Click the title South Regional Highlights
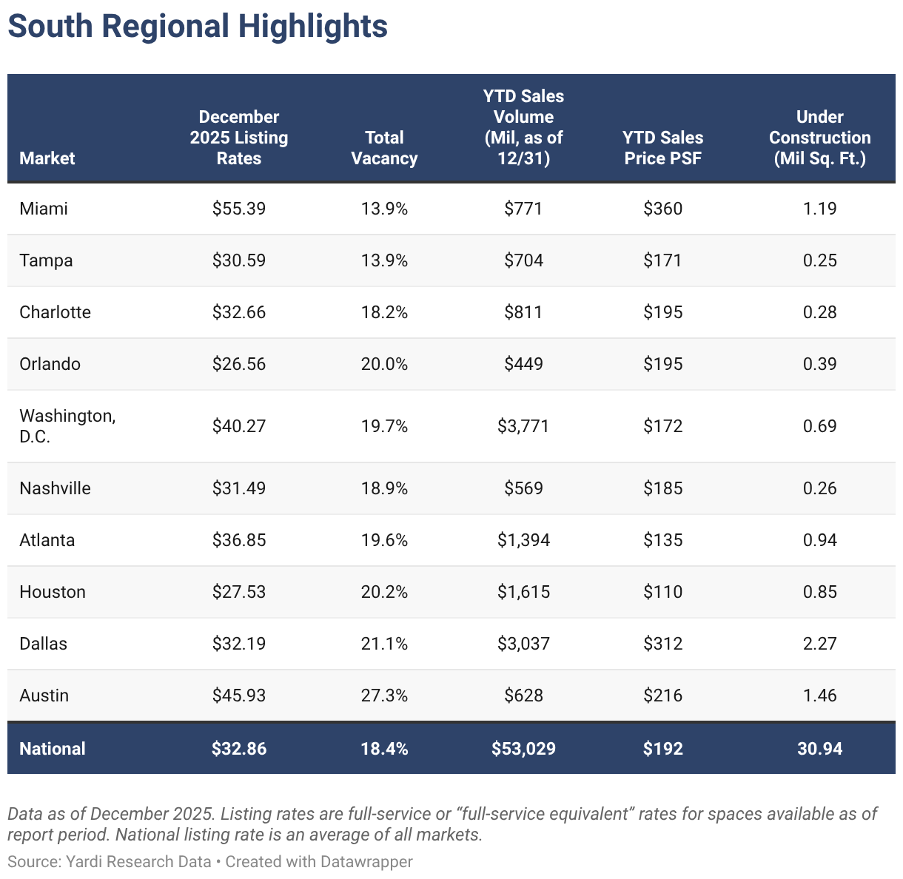click(x=197, y=27)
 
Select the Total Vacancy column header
click(x=384, y=148)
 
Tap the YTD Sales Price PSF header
click(x=662, y=148)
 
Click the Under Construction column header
click(x=819, y=138)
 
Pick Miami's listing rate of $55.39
click(x=238, y=209)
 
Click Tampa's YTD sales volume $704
click(x=523, y=260)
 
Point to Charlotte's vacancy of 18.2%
click(x=384, y=312)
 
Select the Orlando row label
click(x=50, y=364)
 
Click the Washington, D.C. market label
click(x=67, y=426)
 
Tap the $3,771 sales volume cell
click(x=523, y=426)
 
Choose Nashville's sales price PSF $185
click(x=662, y=488)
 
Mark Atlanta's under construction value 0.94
click(x=819, y=540)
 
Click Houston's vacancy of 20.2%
click(x=384, y=592)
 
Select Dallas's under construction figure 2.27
click(x=819, y=644)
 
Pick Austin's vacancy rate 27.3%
click(x=384, y=696)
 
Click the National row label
click(x=53, y=749)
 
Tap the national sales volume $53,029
click(x=523, y=749)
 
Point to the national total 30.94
click(x=819, y=749)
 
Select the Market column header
click(x=47, y=158)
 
